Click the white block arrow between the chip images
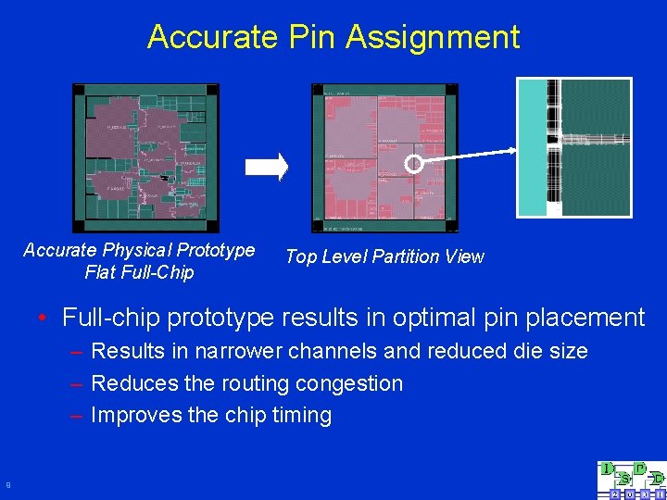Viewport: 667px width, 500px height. [x=267, y=166]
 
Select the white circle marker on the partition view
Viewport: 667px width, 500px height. [x=414, y=164]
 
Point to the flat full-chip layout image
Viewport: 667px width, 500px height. [x=145, y=158]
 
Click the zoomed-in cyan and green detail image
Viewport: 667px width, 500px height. [x=573, y=146]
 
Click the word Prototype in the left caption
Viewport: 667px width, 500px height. [x=219, y=251]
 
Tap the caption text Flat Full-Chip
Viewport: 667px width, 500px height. [x=139, y=272]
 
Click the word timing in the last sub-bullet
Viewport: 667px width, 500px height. [x=302, y=415]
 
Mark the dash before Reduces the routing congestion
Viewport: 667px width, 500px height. [x=75, y=383]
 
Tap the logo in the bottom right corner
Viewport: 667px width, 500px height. [x=632, y=480]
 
